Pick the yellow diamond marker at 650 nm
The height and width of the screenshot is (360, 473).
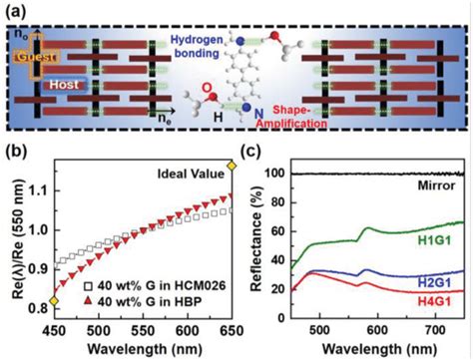tap(231, 166)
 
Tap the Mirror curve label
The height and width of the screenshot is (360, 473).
tap(440, 185)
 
